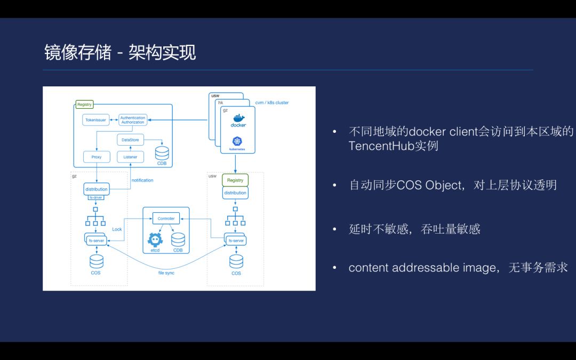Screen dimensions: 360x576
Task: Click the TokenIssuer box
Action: coord(96,120)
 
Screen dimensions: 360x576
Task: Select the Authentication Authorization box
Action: coord(133,120)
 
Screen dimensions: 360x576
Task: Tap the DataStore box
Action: coord(130,140)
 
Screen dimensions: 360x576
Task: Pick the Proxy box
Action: coord(96,157)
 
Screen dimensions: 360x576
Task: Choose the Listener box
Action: coord(130,157)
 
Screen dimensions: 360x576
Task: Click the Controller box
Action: coord(166,219)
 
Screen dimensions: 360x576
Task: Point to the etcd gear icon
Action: coord(155,239)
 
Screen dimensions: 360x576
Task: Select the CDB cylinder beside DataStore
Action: coord(162,153)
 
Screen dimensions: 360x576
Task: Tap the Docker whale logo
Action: coord(237,118)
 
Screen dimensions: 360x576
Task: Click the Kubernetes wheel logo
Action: coord(237,141)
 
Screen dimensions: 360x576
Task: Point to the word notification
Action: coord(142,180)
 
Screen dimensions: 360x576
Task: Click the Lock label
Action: coord(117,229)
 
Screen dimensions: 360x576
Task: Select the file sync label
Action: coord(166,273)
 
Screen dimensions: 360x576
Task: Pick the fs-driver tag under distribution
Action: coord(96,198)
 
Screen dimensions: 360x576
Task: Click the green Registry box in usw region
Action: coord(235,180)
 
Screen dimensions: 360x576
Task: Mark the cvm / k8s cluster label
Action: coord(273,102)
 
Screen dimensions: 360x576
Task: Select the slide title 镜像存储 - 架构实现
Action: coord(120,52)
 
